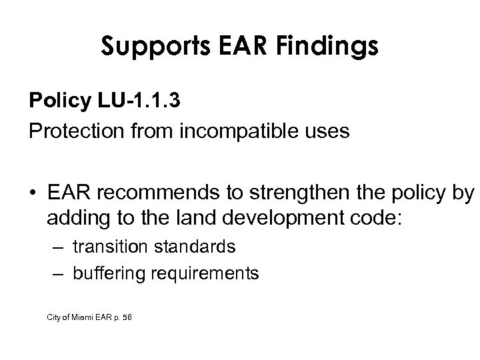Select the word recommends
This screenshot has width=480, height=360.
(149, 193)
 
